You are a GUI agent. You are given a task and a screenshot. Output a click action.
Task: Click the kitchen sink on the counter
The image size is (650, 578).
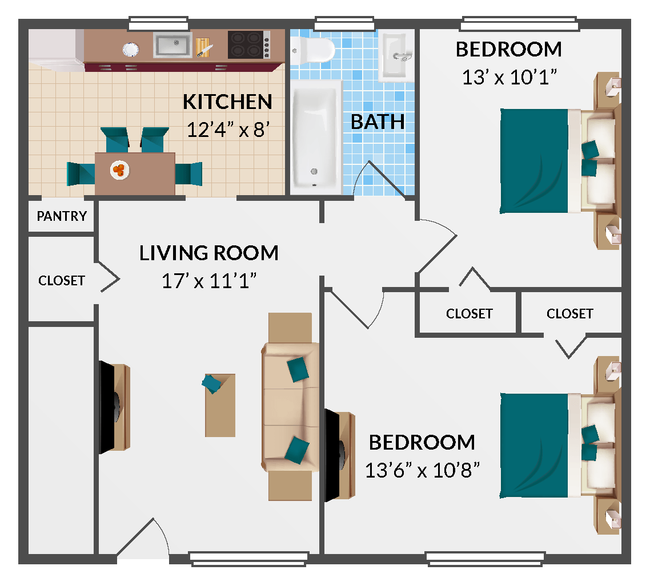172,46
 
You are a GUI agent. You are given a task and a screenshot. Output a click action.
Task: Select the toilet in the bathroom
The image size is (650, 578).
312,51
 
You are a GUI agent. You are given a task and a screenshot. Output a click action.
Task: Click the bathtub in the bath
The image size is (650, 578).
316,136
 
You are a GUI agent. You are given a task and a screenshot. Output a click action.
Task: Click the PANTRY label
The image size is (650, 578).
62,216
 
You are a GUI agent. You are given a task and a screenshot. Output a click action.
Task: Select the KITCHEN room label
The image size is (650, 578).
227,102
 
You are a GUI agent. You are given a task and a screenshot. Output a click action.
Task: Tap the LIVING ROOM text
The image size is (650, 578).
209,253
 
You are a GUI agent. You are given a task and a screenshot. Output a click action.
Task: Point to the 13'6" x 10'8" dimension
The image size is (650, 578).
422,470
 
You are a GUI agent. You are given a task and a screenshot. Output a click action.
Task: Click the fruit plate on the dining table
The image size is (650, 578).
119,169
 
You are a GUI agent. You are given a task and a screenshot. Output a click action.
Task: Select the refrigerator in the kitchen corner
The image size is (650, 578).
56,50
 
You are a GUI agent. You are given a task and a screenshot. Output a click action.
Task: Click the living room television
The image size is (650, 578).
113,407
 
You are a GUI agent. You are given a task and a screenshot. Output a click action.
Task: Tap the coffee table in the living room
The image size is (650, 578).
220,405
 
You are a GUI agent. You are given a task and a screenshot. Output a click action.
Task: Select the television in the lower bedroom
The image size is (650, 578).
338,455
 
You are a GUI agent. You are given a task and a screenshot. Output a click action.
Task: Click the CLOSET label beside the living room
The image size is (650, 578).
62,281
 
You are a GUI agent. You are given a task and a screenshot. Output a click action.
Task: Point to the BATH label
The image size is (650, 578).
378,122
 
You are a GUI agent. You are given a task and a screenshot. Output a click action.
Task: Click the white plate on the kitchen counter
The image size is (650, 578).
131,50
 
